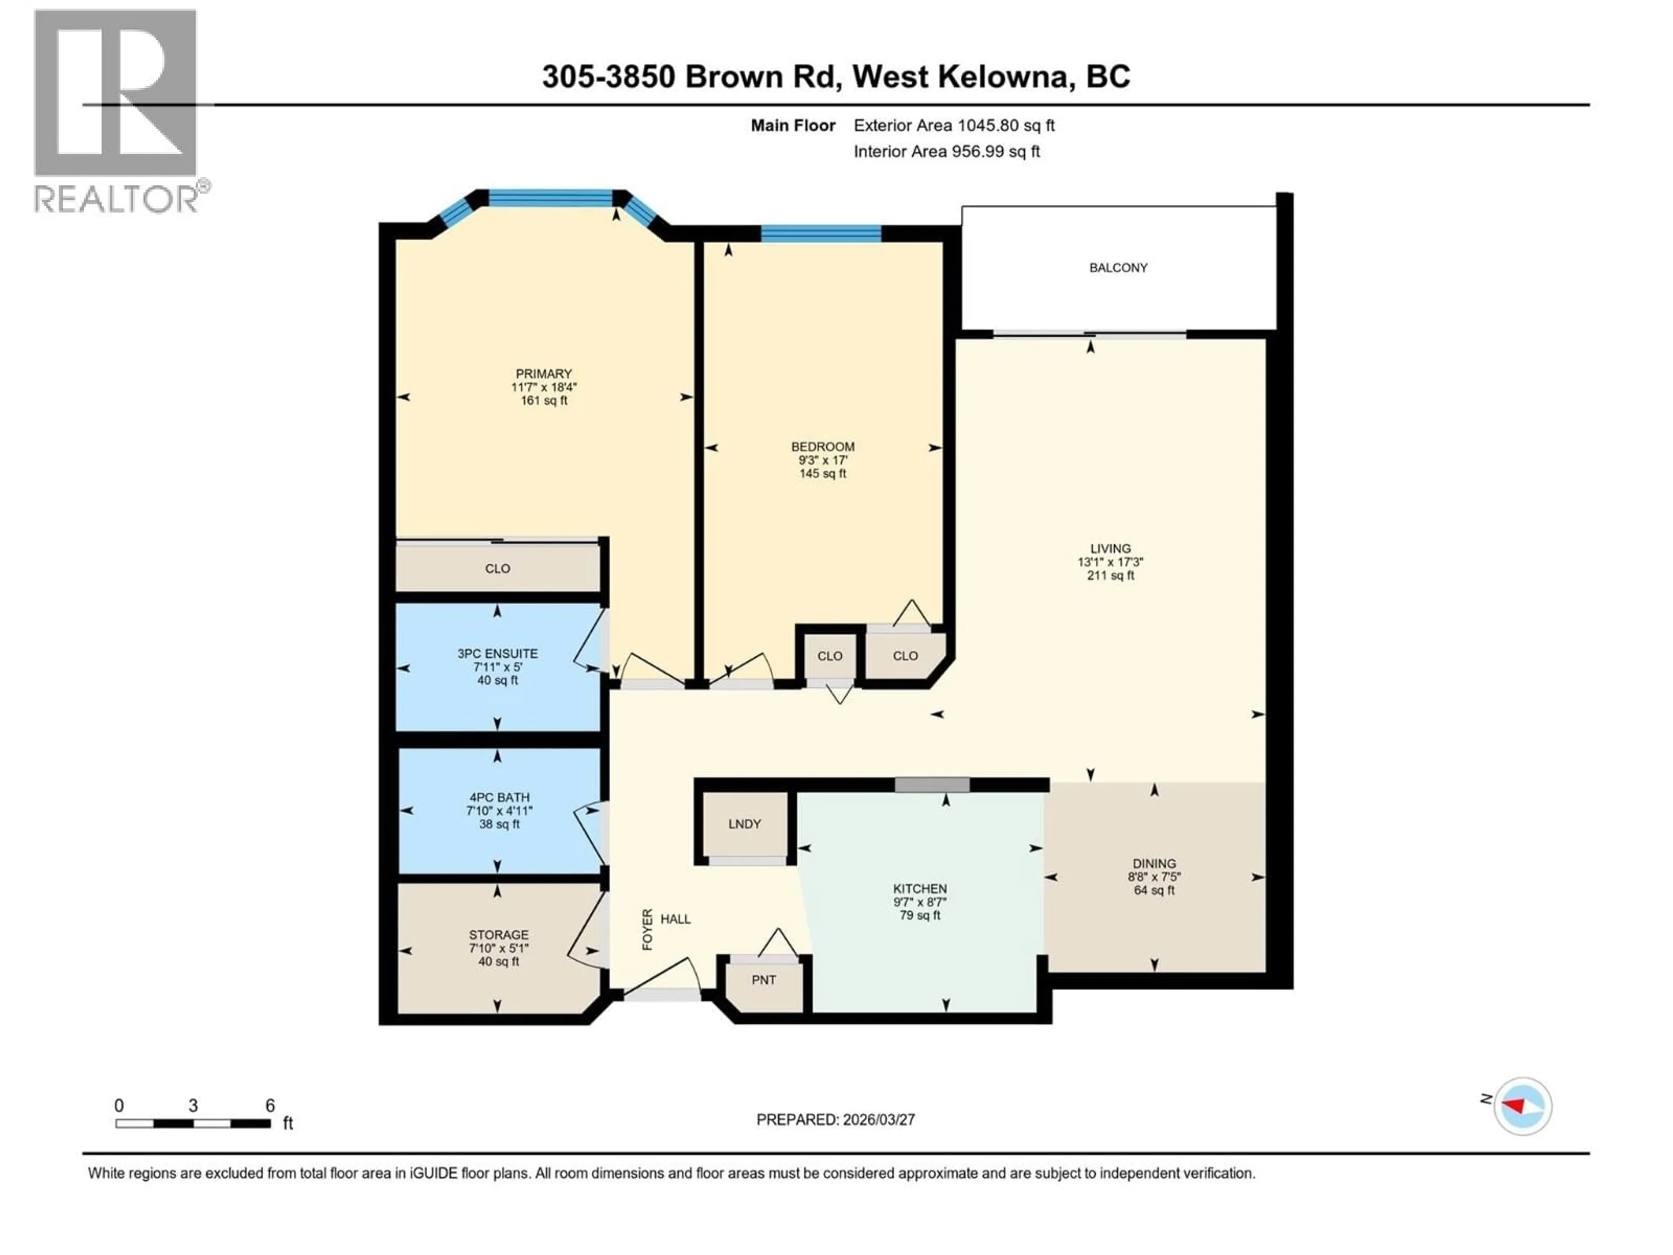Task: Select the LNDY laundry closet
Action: tap(744, 824)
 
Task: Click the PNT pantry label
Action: tap(764, 980)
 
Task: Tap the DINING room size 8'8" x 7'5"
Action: tap(1154, 878)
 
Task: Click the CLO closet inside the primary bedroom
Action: tap(498, 569)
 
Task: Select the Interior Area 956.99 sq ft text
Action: tap(946, 151)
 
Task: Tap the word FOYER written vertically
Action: tap(647, 929)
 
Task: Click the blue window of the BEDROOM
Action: tap(821, 233)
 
